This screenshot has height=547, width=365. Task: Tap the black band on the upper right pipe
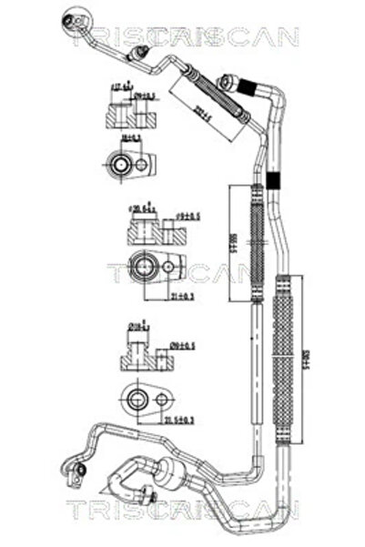(248, 84)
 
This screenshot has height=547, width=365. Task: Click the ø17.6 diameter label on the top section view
(117, 87)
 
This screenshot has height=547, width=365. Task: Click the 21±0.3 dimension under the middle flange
(182, 297)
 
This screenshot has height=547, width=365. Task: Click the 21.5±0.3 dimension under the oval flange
(179, 420)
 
